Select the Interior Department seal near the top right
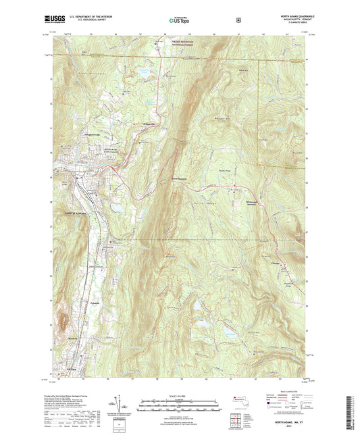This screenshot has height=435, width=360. tap(238, 20)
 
